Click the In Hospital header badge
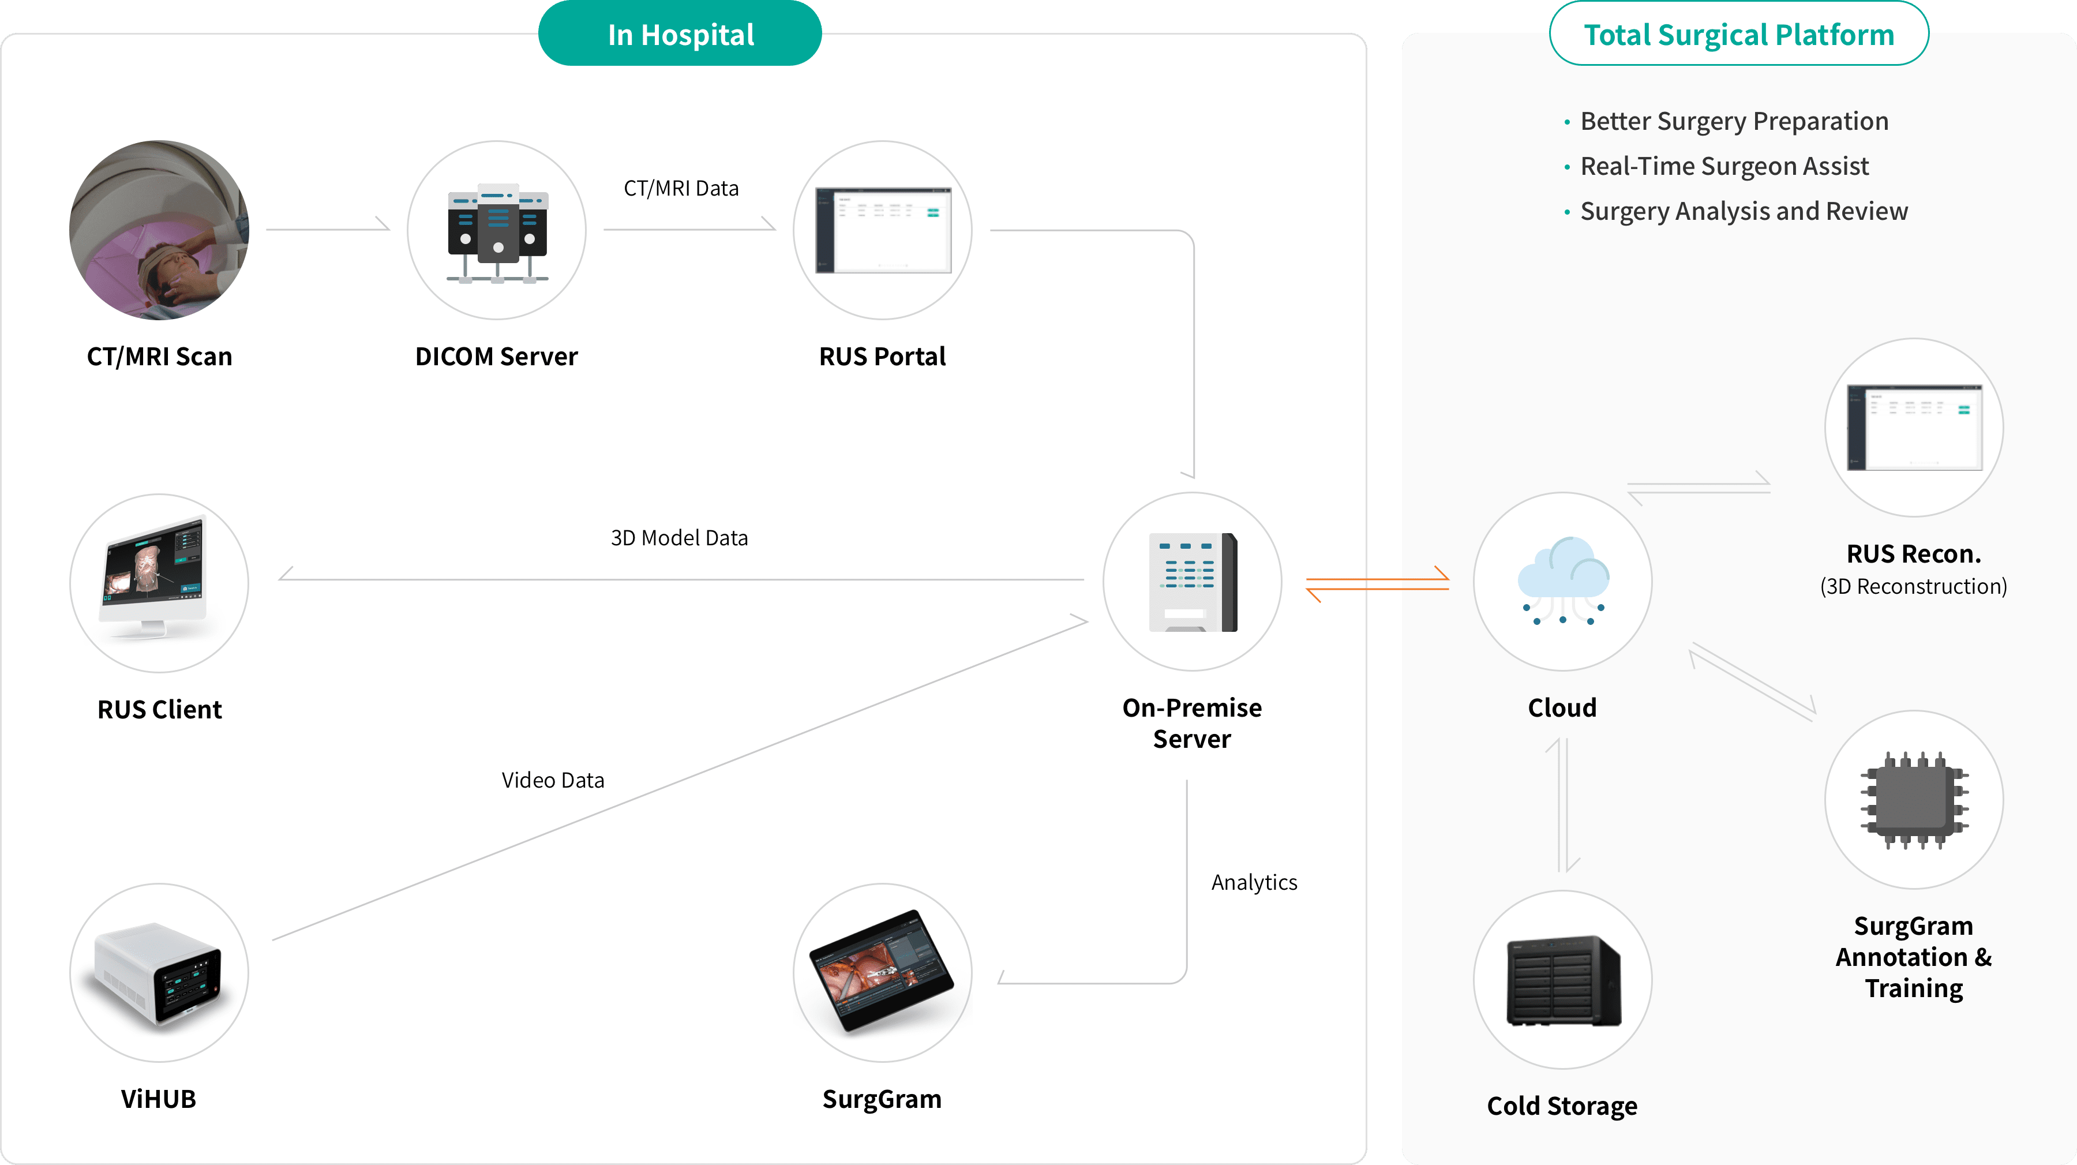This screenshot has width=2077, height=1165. (x=680, y=35)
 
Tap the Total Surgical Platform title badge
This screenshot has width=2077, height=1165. (x=1738, y=35)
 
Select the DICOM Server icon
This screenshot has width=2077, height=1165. (x=497, y=231)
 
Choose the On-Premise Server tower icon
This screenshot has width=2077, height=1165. (x=1193, y=582)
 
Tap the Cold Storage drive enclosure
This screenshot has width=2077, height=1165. (x=1562, y=980)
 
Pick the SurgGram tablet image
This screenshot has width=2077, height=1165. (x=883, y=972)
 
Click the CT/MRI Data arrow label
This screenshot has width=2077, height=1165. (x=681, y=189)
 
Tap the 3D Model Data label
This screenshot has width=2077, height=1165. (x=679, y=538)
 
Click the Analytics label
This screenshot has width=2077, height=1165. (x=1254, y=882)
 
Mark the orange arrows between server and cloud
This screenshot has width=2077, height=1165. (x=1377, y=584)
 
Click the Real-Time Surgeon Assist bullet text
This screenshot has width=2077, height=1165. (x=1724, y=166)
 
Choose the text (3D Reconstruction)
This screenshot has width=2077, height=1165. (x=1913, y=586)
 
